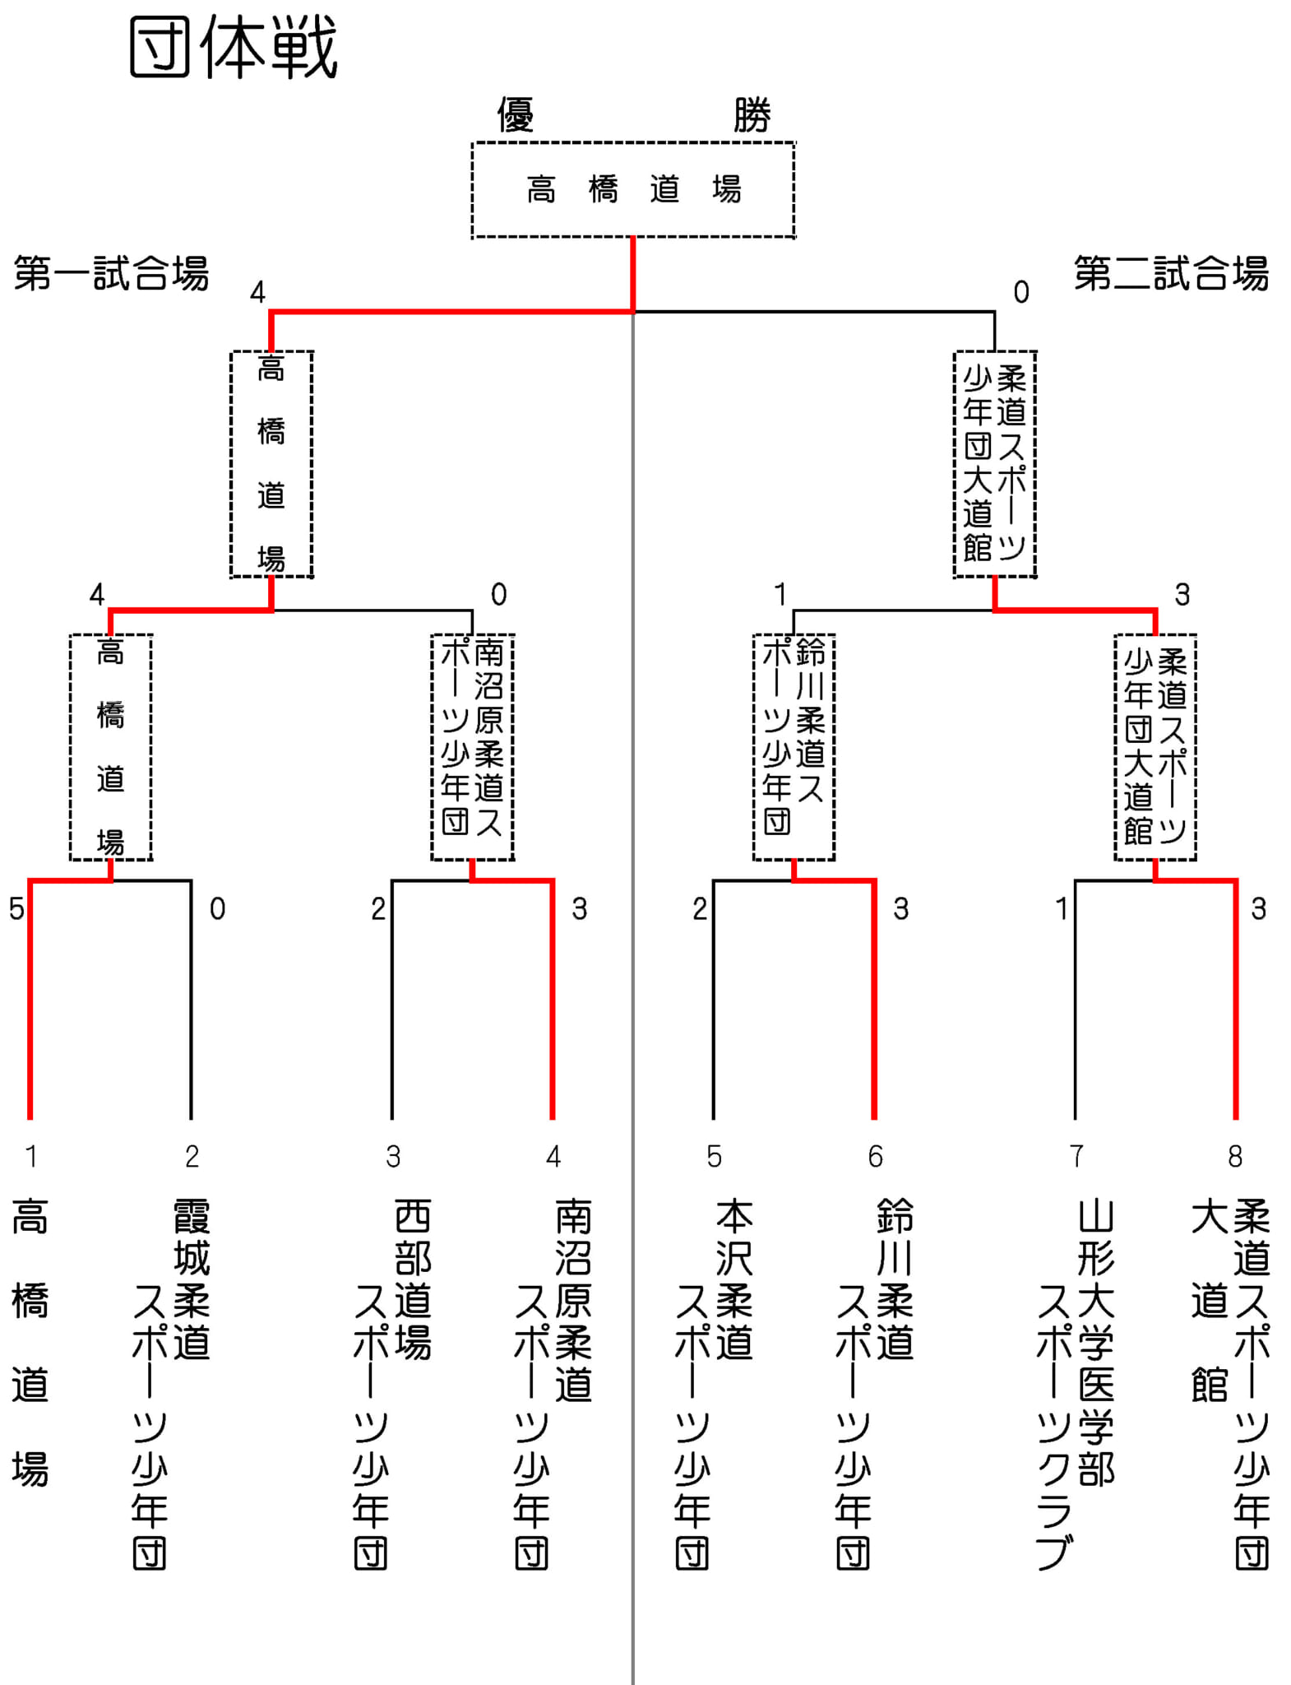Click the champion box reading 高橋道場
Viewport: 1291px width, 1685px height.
[x=632, y=190]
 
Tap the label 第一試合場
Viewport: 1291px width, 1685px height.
[x=111, y=274]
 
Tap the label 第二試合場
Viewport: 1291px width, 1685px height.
[x=1170, y=274]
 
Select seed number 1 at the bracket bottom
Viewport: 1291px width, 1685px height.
[x=31, y=1157]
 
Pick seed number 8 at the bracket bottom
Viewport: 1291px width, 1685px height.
[x=1234, y=1157]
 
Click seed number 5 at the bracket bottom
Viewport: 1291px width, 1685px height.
[x=714, y=1157]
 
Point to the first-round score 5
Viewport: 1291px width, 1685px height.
[x=16, y=909]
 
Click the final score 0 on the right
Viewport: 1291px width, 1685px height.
[x=1020, y=292]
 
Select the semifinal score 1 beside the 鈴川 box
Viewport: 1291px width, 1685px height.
[x=780, y=594]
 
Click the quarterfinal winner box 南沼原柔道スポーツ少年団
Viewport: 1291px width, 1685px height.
[x=472, y=747]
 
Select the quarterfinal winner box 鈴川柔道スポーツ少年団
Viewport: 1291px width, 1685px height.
[x=794, y=747]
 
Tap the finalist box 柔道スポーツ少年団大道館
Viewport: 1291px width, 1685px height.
[x=994, y=464]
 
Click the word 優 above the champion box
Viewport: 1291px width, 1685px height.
[x=516, y=115]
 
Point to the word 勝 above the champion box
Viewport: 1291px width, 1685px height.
[x=752, y=115]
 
